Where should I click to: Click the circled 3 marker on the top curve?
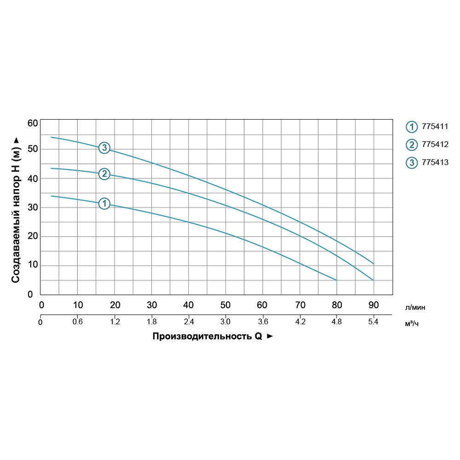pyautogui.click(x=105, y=148)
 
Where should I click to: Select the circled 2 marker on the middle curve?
pyautogui.click(x=104, y=174)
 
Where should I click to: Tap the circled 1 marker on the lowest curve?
pyautogui.click(x=104, y=203)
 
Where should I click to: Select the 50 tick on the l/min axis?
pyautogui.click(x=225, y=305)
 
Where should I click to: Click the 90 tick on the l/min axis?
pyautogui.click(x=374, y=305)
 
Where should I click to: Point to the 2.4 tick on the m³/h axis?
pyautogui.click(x=189, y=322)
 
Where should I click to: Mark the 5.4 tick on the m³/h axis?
pyautogui.click(x=374, y=322)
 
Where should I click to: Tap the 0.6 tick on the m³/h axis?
pyautogui.click(x=78, y=322)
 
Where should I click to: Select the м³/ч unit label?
pyautogui.click(x=412, y=323)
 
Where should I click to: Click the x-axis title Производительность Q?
pyautogui.click(x=207, y=336)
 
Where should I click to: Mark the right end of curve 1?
pyautogui.click(x=336, y=280)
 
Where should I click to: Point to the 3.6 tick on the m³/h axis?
pyautogui.click(x=263, y=322)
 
